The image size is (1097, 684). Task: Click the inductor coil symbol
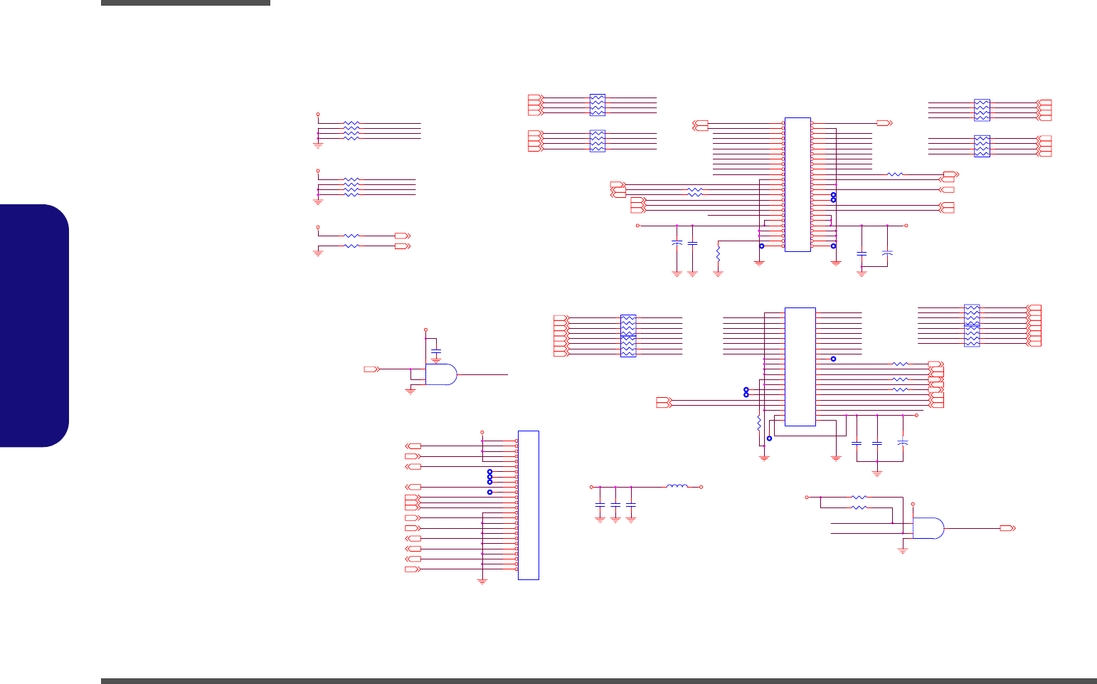click(677, 487)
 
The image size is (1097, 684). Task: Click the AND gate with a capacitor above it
click(441, 374)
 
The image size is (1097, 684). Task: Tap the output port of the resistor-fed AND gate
click(1007, 528)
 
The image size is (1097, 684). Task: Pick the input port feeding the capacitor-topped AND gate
click(371, 369)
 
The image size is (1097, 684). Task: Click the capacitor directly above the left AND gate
click(436, 352)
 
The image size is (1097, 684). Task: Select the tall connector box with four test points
click(528, 505)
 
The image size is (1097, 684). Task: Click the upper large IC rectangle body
click(797, 184)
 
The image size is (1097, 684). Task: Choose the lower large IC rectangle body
click(800, 367)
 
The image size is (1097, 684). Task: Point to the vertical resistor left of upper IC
click(718, 253)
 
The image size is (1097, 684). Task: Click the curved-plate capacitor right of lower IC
click(903, 443)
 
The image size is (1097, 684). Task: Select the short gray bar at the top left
click(185, 3)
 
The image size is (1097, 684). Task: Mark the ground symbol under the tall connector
click(482, 582)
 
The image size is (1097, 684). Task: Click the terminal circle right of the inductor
click(701, 487)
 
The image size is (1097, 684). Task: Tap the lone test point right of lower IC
click(833, 359)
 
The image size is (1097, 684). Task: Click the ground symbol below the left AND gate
click(410, 391)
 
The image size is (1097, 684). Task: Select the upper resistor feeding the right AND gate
click(859, 497)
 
